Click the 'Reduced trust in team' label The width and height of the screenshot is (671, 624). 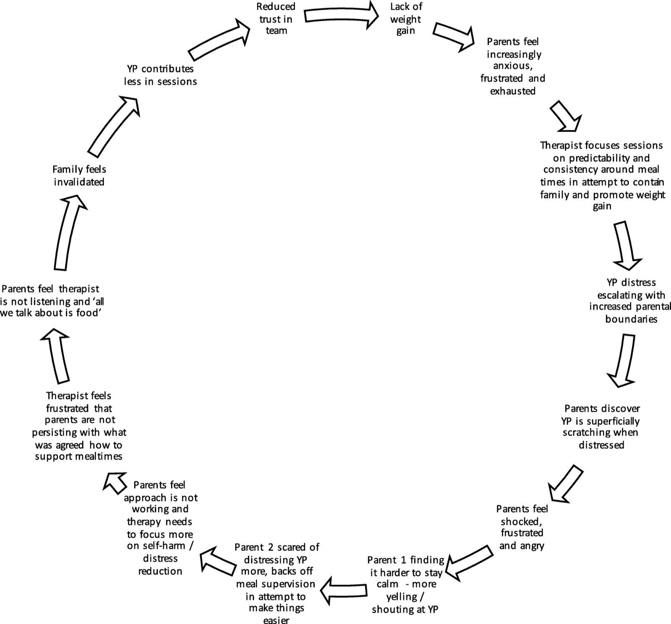click(x=276, y=18)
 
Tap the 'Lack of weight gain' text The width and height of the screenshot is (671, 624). click(x=406, y=18)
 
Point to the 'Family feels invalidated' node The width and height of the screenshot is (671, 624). click(x=79, y=175)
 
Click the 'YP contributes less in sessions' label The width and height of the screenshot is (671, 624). click(x=160, y=75)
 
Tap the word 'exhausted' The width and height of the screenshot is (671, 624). click(x=513, y=91)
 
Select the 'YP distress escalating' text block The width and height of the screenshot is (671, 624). click(x=630, y=301)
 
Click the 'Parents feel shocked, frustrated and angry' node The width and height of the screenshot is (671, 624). click(x=522, y=527)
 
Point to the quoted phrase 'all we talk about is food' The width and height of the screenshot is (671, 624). click(x=63, y=307)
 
